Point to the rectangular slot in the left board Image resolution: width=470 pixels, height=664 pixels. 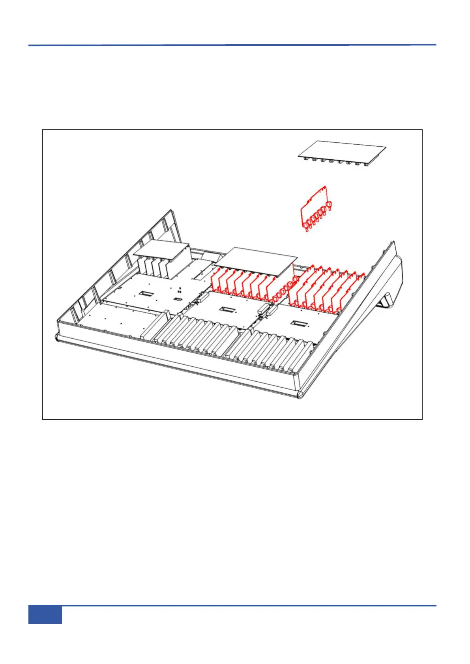click(x=147, y=294)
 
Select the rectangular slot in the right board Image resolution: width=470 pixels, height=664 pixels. click(x=296, y=324)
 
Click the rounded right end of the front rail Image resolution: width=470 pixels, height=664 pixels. click(x=301, y=394)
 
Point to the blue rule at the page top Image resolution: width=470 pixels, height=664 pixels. click(x=232, y=45)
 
